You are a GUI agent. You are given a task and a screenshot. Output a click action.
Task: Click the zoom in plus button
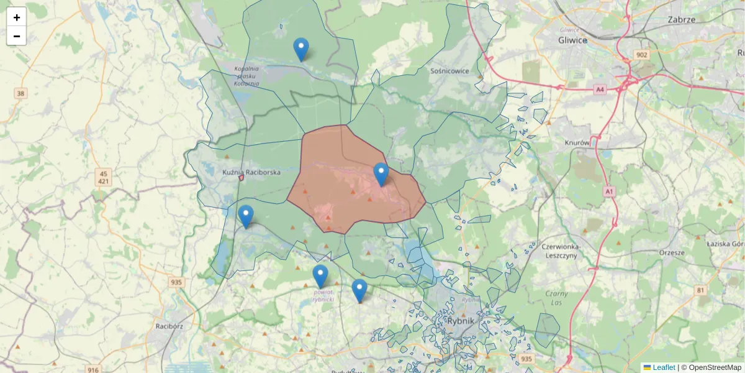pos(16,17)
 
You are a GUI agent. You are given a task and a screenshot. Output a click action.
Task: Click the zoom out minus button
pos(16,36)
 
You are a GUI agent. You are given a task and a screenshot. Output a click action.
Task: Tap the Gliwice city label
pos(572,40)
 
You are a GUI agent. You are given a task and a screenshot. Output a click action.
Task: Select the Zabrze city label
pos(681,19)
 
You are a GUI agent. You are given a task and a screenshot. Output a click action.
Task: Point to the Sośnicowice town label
pos(449,71)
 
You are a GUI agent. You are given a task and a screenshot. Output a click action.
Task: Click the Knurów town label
pos(577,142)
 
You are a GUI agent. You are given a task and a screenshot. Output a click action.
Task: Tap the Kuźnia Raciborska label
pos(251,172)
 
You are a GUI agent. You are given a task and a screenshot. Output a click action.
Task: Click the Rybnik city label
pos(460,321)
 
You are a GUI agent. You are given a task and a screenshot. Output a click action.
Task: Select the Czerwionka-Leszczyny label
pos(560,251)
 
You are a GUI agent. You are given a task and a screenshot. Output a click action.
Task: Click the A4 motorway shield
pos(600,90)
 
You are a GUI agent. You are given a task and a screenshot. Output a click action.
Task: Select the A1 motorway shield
pos(609,192)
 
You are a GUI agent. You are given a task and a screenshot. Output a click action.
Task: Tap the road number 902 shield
pos(641,55)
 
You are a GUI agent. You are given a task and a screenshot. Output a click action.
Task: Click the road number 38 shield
pos(21,94)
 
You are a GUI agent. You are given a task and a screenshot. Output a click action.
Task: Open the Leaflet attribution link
pos(663,367)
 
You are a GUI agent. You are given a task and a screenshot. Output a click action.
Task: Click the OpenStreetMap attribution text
pos(715,367)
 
